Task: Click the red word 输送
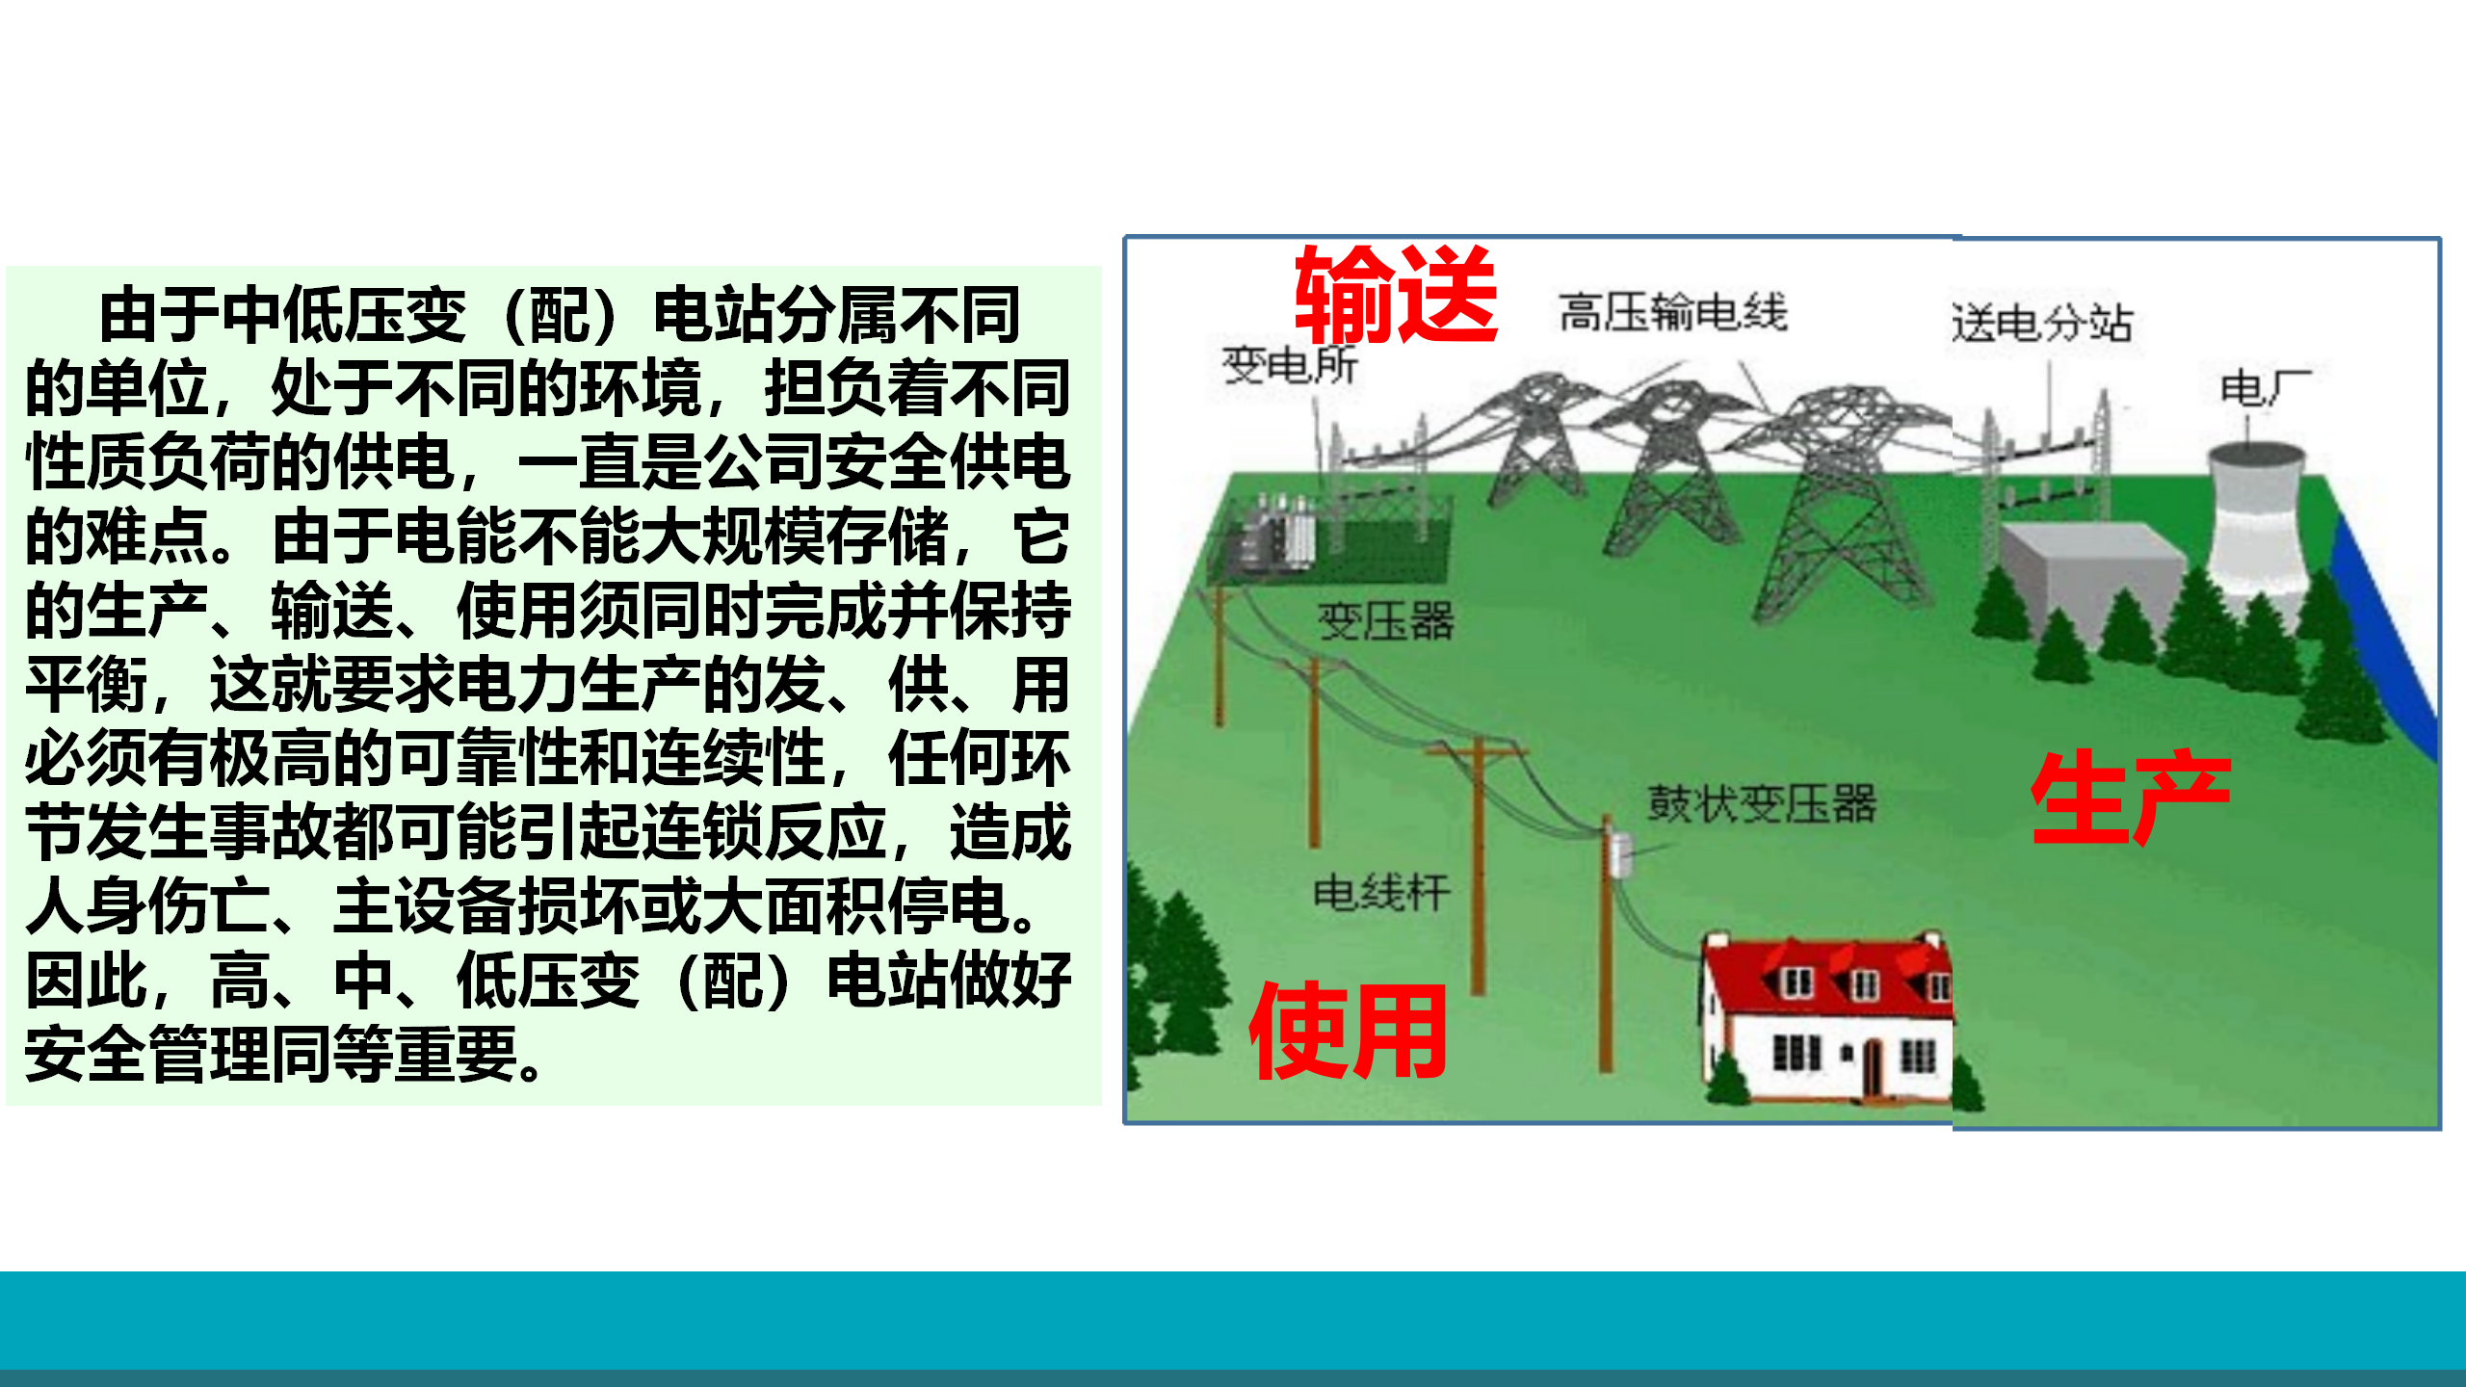1396,295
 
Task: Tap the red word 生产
2131,797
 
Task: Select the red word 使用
1348,1031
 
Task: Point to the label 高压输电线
1673,312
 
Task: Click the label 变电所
1290,365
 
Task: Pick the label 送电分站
2042,323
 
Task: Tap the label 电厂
2265,388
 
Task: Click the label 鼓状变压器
1762,804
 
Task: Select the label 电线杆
1381,892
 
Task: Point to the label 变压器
1386,621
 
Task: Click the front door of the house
1872,1068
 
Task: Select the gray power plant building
2090,578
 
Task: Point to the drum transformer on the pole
1620,854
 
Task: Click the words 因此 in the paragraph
87,981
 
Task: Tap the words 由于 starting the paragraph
161,315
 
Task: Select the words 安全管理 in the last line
148,1055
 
